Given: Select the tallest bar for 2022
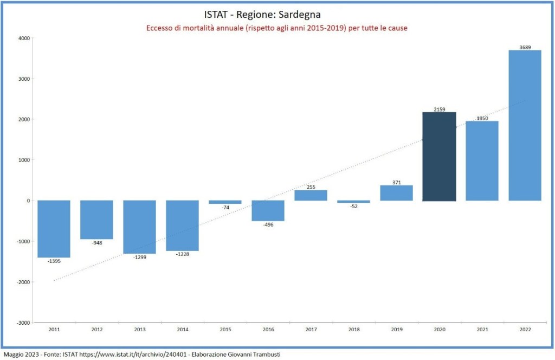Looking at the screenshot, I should [x=525, y=125].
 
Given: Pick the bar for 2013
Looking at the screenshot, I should [x=139, y=227].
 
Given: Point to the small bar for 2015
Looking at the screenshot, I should [x=225, y=202].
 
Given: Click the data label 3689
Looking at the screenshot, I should [x=525, y=47].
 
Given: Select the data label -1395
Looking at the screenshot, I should [x=54, y=261].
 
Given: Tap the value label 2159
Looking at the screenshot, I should [x=439, y=110].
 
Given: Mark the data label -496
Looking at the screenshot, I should [x=268, y=224].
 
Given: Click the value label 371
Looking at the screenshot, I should [x=396, y=182].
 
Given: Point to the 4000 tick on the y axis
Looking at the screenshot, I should [x=23, y=38].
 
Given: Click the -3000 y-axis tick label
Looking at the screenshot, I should [x=22, y=323].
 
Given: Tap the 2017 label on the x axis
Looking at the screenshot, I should [x=311, y=329].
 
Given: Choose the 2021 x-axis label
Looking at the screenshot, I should [x=482, y=329].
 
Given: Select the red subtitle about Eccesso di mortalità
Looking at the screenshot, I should [x=277, y=28].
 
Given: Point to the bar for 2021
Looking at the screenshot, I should [x=482, y=160].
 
